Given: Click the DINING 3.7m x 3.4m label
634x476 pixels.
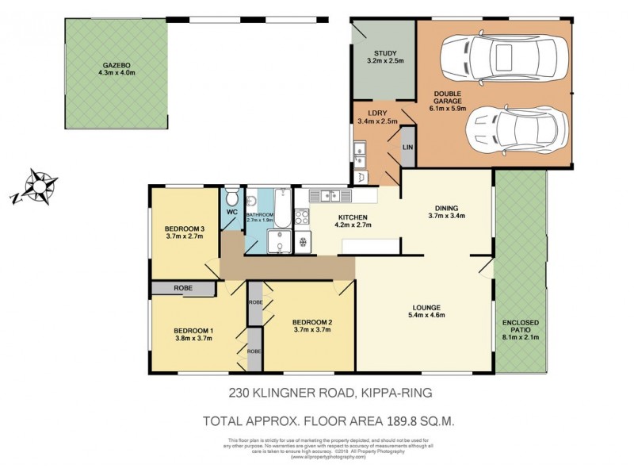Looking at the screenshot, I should point(446,210).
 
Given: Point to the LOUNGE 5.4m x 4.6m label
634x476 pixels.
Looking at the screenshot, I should point(425,311).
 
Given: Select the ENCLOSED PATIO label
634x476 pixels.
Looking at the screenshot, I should point(520,327).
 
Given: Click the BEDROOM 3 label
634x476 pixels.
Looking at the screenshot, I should point(185,232).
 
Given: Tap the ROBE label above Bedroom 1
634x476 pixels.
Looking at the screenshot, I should point(183,289).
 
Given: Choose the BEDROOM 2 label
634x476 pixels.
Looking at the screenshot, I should point(312,325).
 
